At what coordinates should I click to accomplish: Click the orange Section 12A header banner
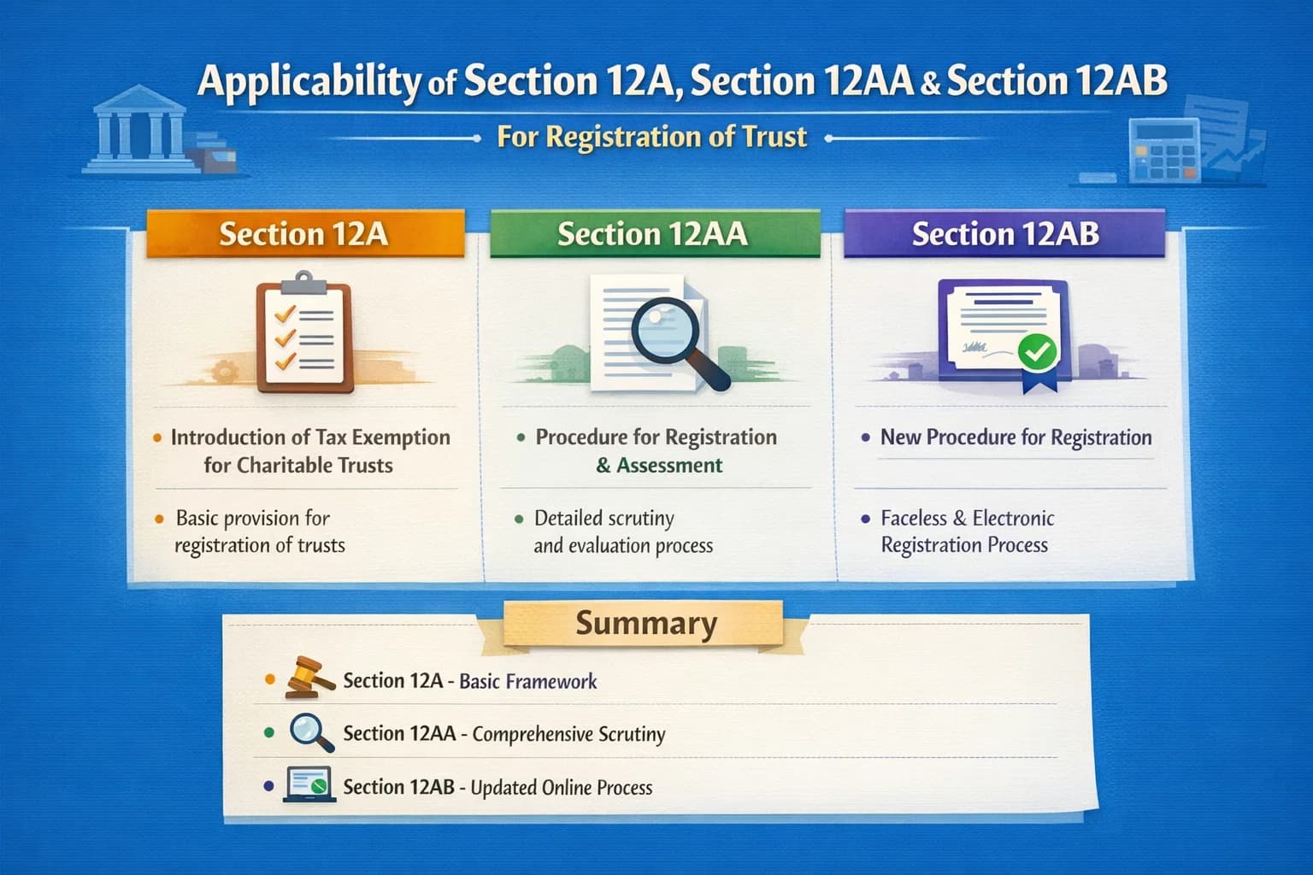click(x=304, y=233)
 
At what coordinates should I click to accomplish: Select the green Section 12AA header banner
click(x=654, y=233)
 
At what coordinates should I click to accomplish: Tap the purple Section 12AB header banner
click(x=1004, y=233)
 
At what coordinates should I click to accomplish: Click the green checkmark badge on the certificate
click(x=1037, y=349)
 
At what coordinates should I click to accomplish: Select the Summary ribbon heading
click(x=645, y=623)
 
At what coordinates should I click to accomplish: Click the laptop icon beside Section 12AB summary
click(x=309, y=785)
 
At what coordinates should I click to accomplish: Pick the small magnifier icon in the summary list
click(x=309, y=732)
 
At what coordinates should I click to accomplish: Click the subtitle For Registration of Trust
click(x=651, y=137)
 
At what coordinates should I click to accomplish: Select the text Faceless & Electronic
click(x=967, y=518)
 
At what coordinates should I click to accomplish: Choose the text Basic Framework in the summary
click(x=527, y=681)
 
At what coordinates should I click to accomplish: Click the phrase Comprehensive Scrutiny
click(x=568, y=734)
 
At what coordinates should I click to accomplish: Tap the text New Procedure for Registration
click(x=1016, y=437)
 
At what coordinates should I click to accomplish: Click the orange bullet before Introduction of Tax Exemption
click(x=157, y=438)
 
